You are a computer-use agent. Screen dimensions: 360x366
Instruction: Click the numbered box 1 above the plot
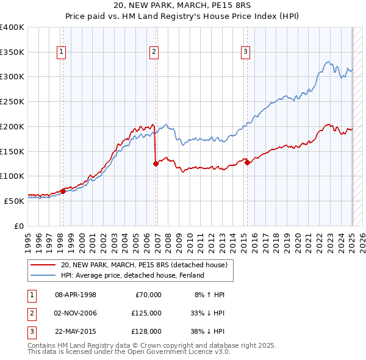point(62,52)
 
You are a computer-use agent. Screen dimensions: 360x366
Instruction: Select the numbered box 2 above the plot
point(154,52)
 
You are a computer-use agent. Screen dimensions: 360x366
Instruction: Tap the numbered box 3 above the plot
point(245,52)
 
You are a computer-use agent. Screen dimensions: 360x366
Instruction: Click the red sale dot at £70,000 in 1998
point(63,191)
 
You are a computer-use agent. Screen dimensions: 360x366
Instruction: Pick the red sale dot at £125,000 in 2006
point(156,164)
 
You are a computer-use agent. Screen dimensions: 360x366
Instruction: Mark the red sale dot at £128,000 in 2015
point(247,162)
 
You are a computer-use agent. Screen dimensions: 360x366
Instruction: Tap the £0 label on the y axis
point(19,226)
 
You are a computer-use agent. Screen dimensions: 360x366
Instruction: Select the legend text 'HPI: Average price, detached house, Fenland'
point(132,275)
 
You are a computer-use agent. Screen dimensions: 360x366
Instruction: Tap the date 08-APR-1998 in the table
point(76,295)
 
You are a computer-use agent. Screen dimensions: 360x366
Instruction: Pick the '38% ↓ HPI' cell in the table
point(207,331)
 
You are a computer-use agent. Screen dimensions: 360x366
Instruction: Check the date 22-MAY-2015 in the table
point(76,331)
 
